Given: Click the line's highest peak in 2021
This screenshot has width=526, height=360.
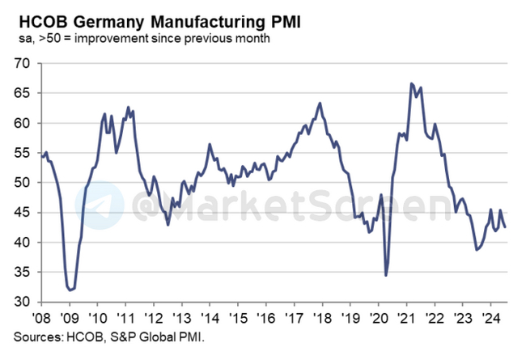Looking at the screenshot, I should click(x=412, y=83).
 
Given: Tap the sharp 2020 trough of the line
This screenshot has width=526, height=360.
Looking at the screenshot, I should click(x=386, y=276).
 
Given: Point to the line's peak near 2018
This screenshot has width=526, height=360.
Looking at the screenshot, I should click(x=320, y=104).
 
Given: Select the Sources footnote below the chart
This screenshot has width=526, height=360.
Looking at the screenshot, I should click(x=104, y=334).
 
